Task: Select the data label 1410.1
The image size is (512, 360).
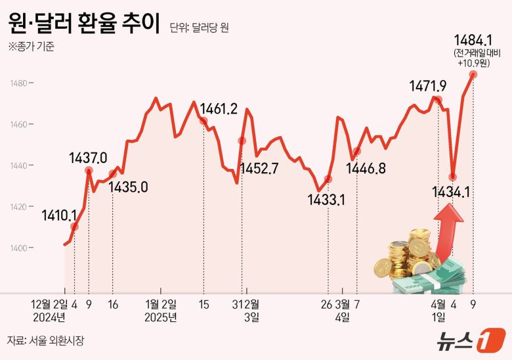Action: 59,215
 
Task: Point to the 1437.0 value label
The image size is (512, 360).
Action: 88,158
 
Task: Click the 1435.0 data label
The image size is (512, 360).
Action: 128,187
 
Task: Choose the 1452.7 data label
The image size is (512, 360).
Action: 260,168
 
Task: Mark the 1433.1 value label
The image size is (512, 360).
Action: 326,198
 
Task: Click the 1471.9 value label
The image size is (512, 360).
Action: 428,85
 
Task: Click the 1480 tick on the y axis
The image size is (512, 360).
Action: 18,83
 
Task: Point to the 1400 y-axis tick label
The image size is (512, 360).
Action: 18,248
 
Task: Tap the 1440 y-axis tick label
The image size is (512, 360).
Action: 18,166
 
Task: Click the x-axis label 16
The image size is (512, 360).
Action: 112,304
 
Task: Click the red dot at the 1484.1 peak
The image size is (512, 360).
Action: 473,74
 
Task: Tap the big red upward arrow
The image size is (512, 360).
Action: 447,230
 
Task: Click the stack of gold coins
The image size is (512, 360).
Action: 407,256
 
